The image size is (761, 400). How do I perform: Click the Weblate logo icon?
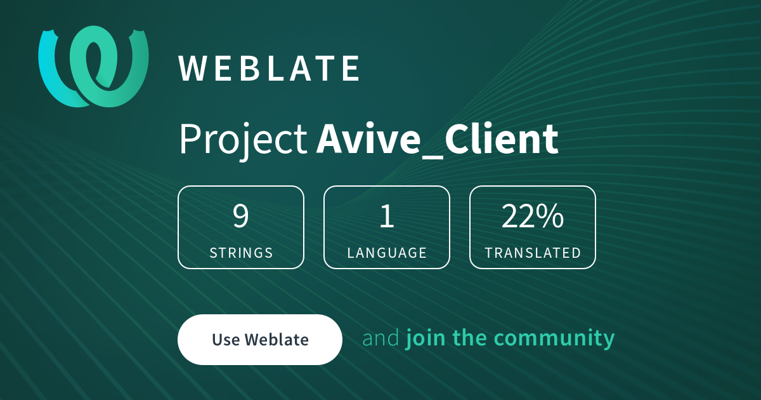click(x=93, y=66)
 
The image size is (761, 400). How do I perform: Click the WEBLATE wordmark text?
click(x=270, y=69)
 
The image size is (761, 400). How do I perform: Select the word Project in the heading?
click(x=243, y=140)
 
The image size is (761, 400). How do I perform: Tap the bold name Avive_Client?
click(x=437, y=140)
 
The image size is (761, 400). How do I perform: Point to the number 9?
click(x=241, y=217)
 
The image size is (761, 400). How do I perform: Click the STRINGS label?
click(x=241, y=253)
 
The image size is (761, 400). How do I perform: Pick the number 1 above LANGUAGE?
click(x=387, y=217)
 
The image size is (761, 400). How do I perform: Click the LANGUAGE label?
click(x=387, y=253)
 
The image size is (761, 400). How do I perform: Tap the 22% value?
click(x=533, y=217)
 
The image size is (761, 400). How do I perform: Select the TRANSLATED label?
click(x=533, y=253)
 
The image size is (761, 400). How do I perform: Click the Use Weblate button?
click(x=260, y=340)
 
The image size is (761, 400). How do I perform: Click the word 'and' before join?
click(x=380, y=338)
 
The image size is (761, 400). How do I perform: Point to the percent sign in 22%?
click(x=550, y=217)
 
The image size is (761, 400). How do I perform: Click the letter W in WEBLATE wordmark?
click(x=191, y=69)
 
